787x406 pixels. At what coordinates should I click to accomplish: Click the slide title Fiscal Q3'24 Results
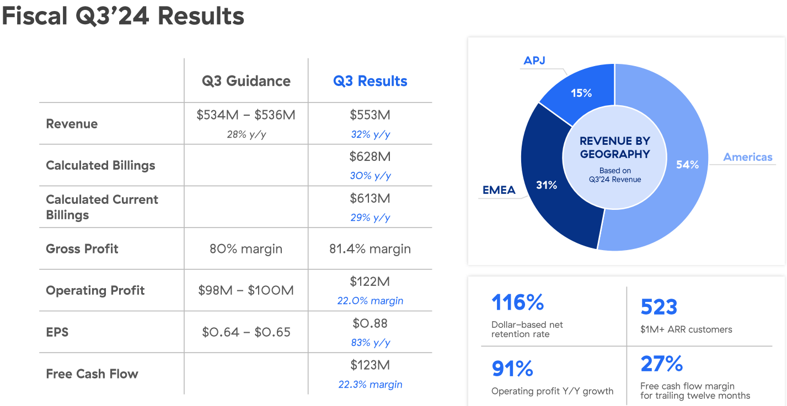(123, 17)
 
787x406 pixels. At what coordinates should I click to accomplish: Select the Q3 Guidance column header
(246, 81)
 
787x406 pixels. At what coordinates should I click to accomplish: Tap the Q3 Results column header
(370, 81)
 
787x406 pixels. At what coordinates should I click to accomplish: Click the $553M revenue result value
(370, 115)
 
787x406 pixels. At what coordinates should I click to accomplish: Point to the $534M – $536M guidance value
(246, 115)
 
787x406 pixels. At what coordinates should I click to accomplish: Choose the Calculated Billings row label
(100, 165)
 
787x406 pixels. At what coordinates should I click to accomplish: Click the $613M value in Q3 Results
(370, 199)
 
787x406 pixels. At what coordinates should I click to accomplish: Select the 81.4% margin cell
(370, 249)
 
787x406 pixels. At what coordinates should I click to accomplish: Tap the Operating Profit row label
(95, 290)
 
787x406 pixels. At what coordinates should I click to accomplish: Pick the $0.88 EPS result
(370, 323)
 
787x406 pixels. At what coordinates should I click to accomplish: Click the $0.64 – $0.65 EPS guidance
(246, 332)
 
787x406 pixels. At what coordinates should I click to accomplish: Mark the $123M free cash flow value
(370, 365)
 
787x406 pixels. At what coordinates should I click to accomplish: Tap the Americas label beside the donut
(748, 157)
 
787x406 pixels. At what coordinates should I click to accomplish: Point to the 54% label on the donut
(687, 164)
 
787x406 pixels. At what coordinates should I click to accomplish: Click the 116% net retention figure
(517, 302)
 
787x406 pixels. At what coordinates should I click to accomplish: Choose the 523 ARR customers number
(659, 307)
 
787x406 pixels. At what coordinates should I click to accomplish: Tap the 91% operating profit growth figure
(512, 369)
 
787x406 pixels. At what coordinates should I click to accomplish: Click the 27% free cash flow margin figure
(662, 364)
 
